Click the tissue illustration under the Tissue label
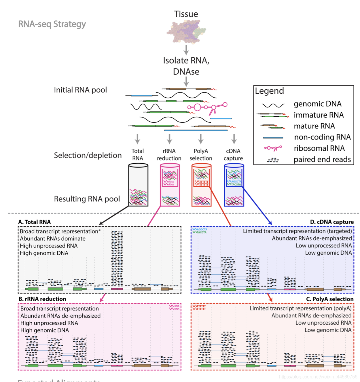186,31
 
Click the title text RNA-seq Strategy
52,24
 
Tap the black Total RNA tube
138,185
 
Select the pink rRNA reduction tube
170,185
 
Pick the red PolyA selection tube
201,185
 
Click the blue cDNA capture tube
234,185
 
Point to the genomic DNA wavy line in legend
273,105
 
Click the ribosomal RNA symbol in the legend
273,148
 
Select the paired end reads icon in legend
273,160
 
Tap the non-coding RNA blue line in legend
273,138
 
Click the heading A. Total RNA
34,222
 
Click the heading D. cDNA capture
331,222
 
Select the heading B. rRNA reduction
42,299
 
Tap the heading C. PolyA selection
329,299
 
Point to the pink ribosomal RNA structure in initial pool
207,107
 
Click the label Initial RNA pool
80,90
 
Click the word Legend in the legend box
269,91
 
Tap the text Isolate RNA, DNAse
186,66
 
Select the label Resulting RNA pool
87,199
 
